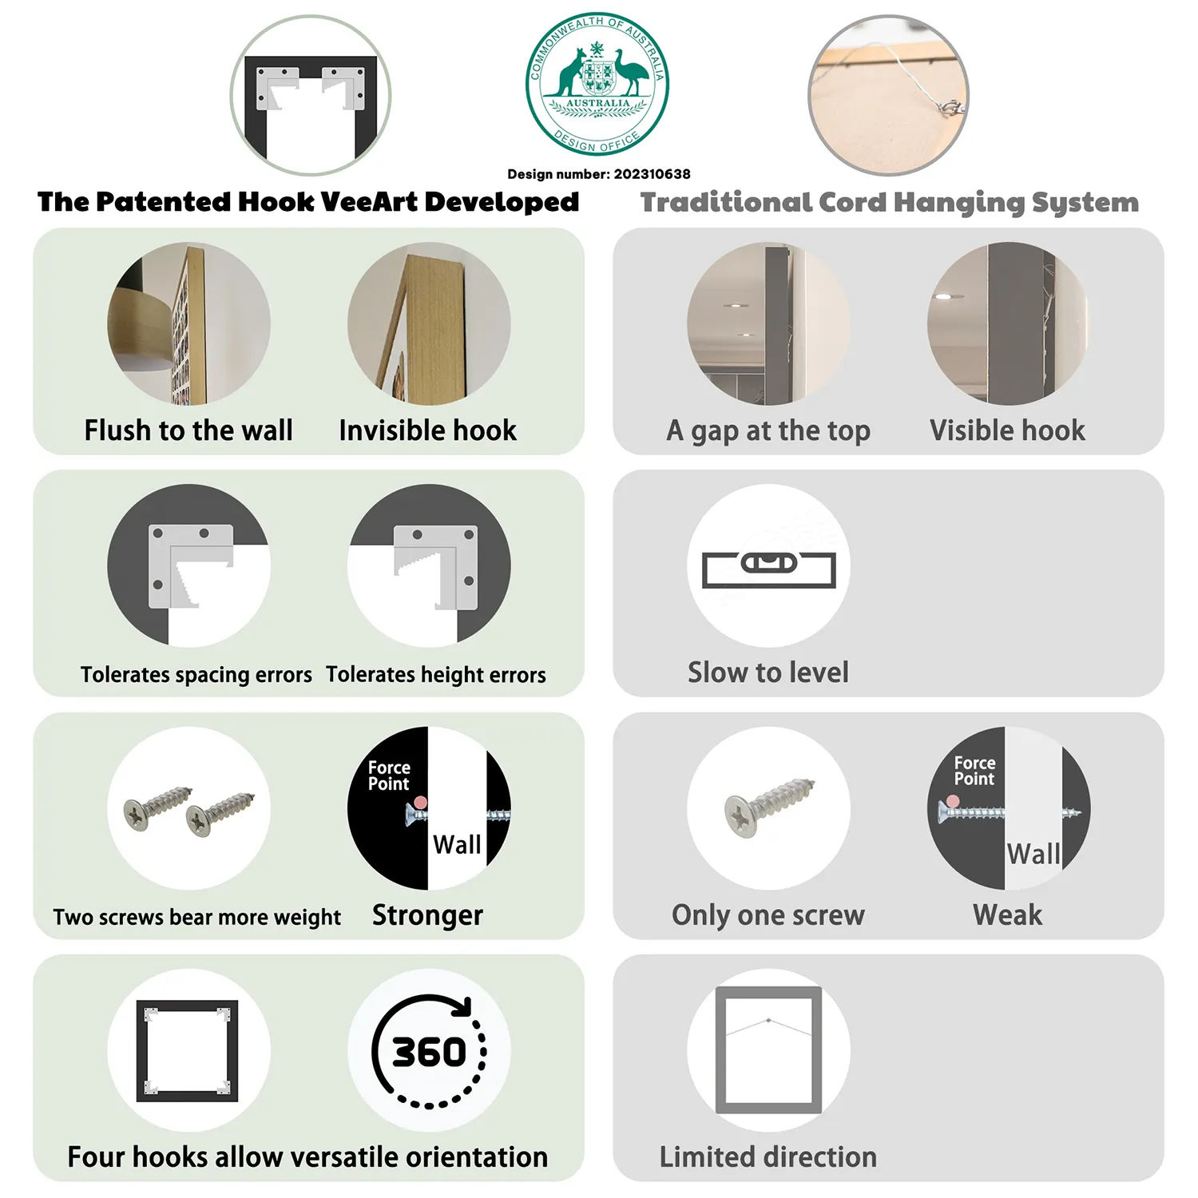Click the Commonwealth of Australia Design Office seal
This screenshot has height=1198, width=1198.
(x=597, y=84)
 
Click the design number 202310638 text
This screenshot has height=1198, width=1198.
(x=599, y=174)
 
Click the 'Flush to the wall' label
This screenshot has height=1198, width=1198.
(x=188, y=430)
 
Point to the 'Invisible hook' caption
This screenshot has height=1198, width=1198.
(x=428, y=430)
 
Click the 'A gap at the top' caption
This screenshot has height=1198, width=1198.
(x=768, y=431)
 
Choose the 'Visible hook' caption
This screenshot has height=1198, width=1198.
(x=1008, y=430)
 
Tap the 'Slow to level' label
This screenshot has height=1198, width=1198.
(x=768, y=672)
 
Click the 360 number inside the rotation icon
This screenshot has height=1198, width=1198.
(x=429, y=1052)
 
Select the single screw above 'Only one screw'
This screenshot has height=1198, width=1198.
(x=769, y=807)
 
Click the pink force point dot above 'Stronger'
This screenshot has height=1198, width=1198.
(x=420, y=803)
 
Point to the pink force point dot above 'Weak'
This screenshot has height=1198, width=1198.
(x=953, y=801)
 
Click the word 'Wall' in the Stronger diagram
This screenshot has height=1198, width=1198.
(x=457, y=844)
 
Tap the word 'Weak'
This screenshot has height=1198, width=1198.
(x=1008, y=914)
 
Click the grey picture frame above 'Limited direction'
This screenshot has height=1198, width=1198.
(x=768, y=1050)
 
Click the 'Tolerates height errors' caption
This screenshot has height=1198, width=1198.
(x=436, y=675)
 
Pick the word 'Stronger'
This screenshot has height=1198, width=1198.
(x=428, y=915)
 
